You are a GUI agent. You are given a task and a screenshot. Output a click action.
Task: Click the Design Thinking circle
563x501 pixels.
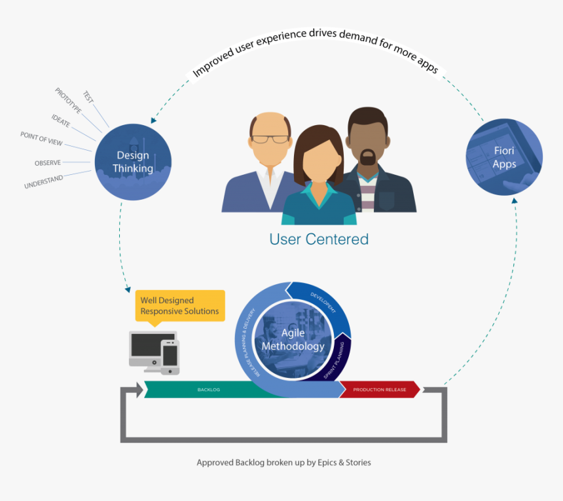coord(133,162)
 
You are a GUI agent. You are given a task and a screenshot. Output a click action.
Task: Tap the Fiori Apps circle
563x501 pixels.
coord(504,157)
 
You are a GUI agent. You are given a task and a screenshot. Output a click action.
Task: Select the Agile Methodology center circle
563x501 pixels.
coord(293,340)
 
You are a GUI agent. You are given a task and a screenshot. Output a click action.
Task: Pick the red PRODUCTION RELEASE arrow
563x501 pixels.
coord(379,390)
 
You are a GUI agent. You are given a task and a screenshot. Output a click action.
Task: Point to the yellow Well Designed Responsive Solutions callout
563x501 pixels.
coord(179,305)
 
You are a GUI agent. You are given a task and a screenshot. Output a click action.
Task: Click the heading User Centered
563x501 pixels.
coord(319,239)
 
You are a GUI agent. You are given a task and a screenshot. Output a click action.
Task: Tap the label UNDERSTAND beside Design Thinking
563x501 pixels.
coord(43,182)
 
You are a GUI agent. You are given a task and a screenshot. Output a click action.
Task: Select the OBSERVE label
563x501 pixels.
coord(48,162)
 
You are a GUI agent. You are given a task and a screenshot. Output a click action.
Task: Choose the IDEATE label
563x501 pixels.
coord(61,120)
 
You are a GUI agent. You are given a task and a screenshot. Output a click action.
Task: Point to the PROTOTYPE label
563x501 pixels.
coord(68,101)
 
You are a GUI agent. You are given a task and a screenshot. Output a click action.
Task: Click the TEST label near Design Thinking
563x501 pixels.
coord(88,97)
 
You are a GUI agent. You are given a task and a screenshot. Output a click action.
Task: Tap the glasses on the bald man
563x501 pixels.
coord(270,139)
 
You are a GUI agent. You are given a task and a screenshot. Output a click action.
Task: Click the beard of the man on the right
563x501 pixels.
coord(368,158)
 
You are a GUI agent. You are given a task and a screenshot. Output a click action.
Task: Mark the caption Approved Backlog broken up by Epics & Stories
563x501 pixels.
coord(283,462)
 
